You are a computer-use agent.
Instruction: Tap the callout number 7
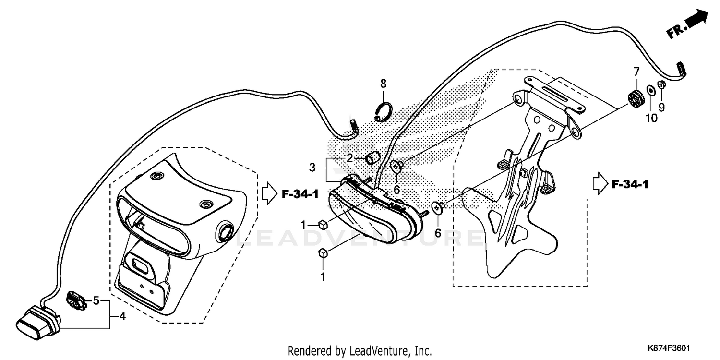636,72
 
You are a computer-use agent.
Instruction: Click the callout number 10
651,118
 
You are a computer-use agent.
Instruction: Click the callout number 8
383,84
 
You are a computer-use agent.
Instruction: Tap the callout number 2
350,158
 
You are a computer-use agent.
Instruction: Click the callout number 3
312,168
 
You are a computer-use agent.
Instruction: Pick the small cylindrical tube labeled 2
373,157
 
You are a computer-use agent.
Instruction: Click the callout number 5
96,301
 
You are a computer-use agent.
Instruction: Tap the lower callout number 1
323,276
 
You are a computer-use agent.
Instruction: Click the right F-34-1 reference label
630,184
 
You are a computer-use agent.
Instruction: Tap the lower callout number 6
437,233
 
